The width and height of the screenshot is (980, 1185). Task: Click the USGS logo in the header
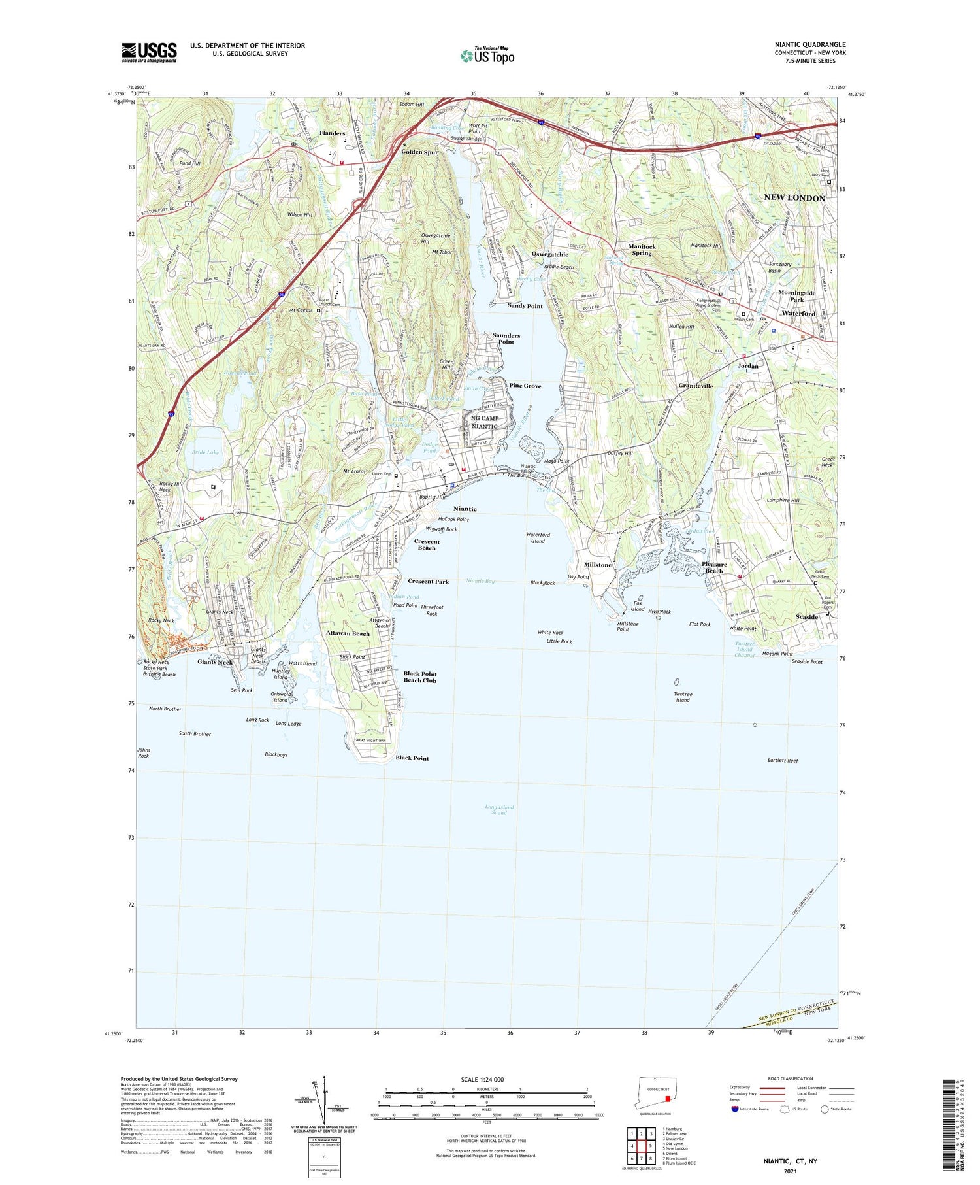coord(149,52)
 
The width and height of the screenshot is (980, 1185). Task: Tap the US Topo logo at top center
coord(487,56)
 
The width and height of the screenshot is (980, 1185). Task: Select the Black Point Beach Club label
coord(420,676)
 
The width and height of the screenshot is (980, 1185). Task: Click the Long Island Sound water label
coord(499,810)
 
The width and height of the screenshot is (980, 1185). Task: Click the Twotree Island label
coord(683,697)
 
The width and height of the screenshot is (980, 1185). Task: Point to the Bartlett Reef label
coord(782,761)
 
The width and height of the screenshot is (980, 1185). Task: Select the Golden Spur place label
coord(419,152)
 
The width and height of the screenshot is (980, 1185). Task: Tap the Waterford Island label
coord(538,537)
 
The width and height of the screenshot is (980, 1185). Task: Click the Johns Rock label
coord(143,752)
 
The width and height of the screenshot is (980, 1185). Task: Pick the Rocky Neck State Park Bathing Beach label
coord(159,668)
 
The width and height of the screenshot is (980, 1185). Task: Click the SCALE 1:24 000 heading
coord(482,1080)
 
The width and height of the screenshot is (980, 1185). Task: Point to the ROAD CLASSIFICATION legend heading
coord(791,1078)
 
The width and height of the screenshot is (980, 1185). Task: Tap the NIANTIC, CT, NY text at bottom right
coord(790,1161)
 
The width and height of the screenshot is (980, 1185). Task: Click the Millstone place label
coord(597,565)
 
